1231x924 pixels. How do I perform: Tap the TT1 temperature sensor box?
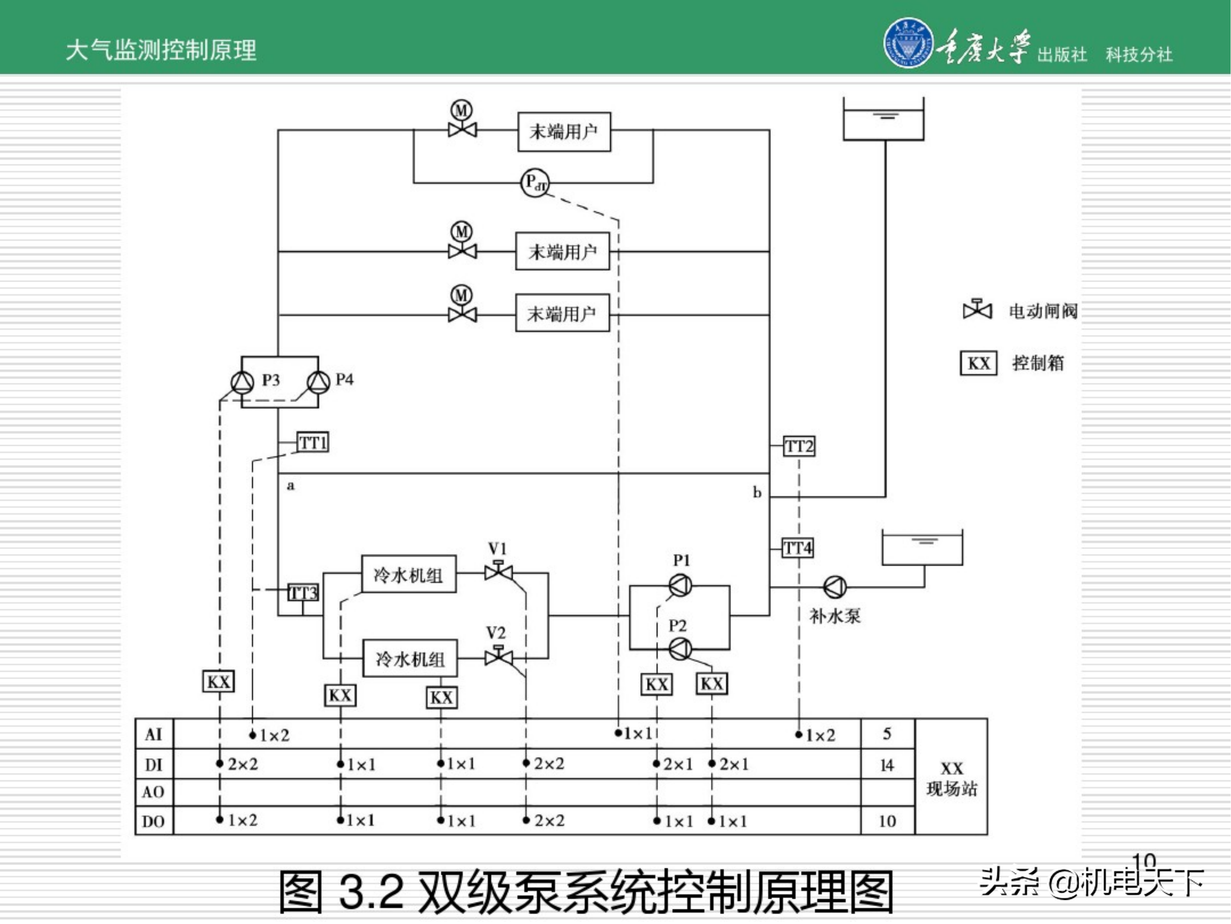click(312, 443)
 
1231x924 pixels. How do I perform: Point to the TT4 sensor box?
click(797, 548)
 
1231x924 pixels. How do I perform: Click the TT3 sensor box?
click(303, 593)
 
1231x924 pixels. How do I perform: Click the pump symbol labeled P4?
click(319, 383)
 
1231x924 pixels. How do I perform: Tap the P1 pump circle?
click(680, 585)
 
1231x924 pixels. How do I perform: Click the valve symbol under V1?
click(498, 572)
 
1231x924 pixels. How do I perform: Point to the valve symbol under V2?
click(498, 657)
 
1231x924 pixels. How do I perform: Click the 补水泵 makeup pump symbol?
click(835, 586)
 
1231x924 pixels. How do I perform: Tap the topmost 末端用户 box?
click(564, 132)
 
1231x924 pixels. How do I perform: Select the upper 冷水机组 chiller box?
click(408, 574)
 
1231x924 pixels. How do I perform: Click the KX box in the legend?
click(978, 363)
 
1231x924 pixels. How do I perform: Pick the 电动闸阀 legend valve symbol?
click(977, 310)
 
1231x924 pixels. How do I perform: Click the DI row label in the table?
click(153, 765)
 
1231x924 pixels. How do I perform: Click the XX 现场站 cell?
click(951, 779)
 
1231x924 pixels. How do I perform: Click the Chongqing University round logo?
click(908, 43)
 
